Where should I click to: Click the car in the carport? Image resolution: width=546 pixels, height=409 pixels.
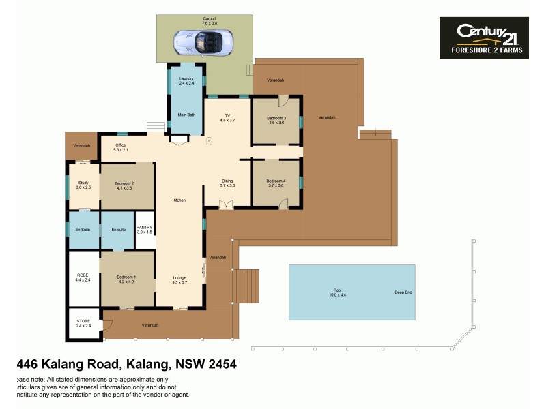(203, 42)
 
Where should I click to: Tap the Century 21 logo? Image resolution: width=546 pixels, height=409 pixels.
(483, 38)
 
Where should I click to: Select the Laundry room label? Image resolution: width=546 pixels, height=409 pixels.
(186, 81)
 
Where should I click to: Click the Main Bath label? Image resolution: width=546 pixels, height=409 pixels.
(186, 115)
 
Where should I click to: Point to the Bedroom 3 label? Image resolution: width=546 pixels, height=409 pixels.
(276, 120)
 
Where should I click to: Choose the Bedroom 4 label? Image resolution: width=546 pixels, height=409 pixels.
(276, 183)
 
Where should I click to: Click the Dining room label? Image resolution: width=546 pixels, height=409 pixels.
(227, 183)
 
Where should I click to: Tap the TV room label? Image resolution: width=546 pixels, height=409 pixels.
(227, 117)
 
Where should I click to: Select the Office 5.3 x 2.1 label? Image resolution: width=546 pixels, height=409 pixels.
(121, 147)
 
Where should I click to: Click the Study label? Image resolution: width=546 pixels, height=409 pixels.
(83, 185)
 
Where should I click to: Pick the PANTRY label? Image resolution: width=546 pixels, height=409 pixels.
(145, 230)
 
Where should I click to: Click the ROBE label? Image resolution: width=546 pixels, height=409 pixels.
(83, 277)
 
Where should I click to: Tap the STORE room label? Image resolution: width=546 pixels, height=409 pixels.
(83, 324)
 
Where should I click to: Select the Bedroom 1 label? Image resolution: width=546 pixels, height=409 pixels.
(126, 279)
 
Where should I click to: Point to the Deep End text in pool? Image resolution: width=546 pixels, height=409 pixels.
(403, 292)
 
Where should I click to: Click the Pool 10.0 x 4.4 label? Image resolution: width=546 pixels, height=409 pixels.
(339, 292)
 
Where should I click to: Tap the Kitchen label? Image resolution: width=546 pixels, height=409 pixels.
(179, 200)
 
